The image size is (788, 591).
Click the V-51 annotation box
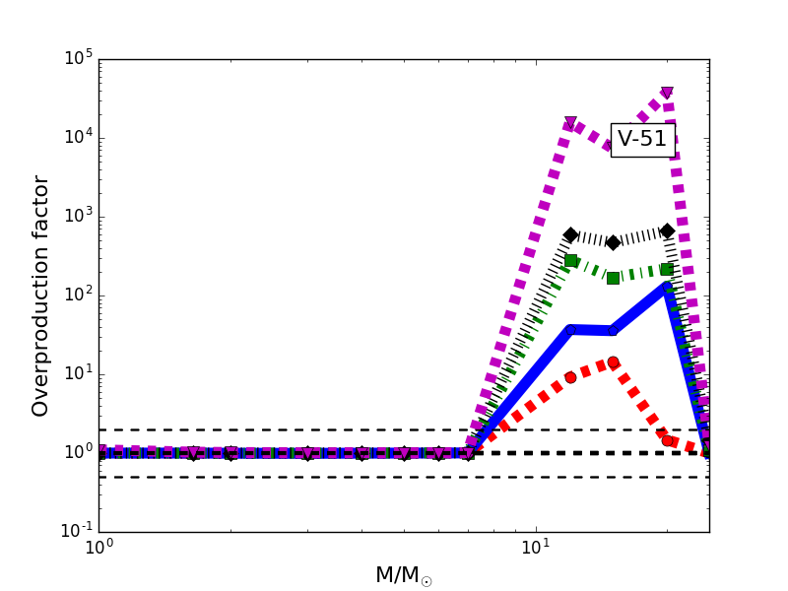coord(642,140)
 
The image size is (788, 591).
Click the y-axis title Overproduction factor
coord(40,295)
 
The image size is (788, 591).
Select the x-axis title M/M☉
coord(404,575)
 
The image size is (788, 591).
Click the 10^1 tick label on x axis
coord(535,549)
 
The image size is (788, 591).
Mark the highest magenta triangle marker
coord(667,94)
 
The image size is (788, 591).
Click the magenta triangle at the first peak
coord(570,124)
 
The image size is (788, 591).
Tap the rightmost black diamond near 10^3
coord(667,231)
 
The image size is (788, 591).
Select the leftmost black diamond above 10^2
coord(570,235)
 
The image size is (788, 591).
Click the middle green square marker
coord(613,278)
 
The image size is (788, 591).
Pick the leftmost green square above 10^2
coord(570,261)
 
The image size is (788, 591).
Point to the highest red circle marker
coord(613,362)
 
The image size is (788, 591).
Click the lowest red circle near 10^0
coord(667,440)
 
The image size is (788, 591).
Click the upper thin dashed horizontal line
coord(295,429)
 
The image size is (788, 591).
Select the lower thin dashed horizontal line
coord(295,477)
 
